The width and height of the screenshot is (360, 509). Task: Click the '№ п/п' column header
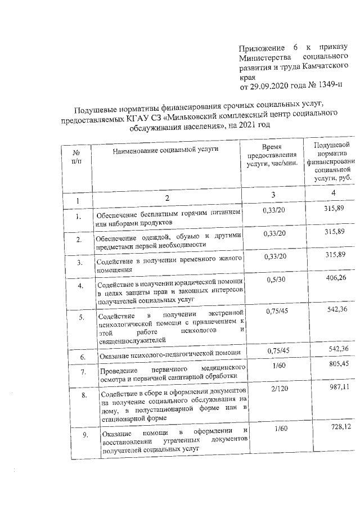tap(76, 156)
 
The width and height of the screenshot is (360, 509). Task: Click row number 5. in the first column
tap(82, 318)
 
